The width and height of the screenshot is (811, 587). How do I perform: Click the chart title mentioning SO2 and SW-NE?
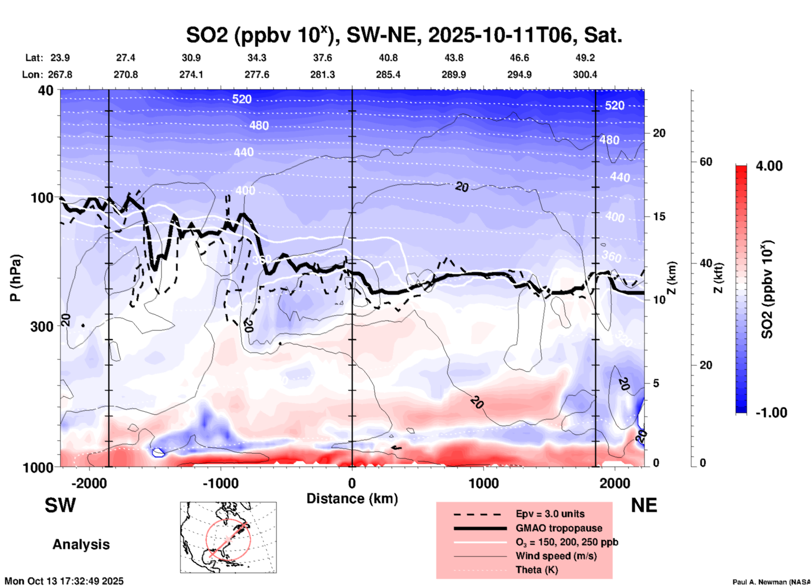pyautogui.click(x=404, y=35)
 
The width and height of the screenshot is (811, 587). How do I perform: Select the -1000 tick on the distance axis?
pyautogui.click(x=220, y=483)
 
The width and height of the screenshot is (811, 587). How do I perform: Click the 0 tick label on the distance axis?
pyautogui.click(x=352, y=483)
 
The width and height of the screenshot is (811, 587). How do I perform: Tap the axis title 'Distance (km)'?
pyautogui.click(x=352, y=499)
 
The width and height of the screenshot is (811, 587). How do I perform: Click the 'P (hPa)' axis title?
pyautogui.click(x=16, y=278)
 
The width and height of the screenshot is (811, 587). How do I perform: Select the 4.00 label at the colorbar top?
pyautogui.click(x=769, y=166)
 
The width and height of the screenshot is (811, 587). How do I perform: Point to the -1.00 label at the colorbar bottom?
pyautogui.click(x=771, y=413)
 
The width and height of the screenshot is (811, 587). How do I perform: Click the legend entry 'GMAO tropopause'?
pyautogui.click(x=559, y=528)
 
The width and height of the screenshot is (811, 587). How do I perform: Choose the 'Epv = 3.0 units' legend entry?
pyautogui.click(x=550, y=514)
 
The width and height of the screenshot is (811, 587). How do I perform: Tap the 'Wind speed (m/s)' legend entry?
pyautogui.click(x=556, y=556)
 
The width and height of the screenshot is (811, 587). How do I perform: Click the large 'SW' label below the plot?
pyautogui.click(x=60, y=505)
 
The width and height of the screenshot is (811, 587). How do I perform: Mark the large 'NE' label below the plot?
pyautogui.click(x=644, y=505)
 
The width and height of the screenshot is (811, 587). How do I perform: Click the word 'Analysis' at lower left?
pyautogui.click(x=81, y=544)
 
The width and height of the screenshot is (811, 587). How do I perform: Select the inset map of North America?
pyautogui.click(x=228, y=537)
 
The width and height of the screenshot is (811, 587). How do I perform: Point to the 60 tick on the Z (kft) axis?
pyautogui.click(x=706, y=162)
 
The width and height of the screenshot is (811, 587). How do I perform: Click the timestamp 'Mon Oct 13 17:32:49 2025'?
pyautogui.click(x=64, y=581)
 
